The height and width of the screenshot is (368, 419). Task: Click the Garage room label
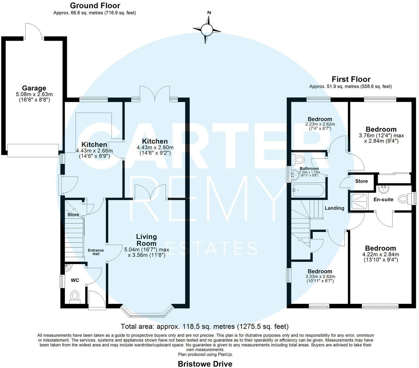(x=34, y=88)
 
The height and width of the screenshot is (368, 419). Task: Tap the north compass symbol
(x=208, y=30)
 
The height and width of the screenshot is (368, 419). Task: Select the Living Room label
(x=147, y=240)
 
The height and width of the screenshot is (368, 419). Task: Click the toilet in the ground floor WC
(x=75, y=296)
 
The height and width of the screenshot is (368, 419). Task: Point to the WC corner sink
(x=68, y=267)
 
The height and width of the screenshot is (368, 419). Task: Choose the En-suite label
(x=383, y=200)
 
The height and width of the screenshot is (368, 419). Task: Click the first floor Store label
(x=361, y=181)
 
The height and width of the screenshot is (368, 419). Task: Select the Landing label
(x=334, y=208)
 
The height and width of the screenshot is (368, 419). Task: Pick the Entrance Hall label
(x=96, y=252)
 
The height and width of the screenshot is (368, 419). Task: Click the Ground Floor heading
(x=95, y=5)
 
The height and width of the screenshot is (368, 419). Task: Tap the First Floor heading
(x=351, y=79)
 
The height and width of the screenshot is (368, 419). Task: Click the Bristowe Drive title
(x=205, y=364)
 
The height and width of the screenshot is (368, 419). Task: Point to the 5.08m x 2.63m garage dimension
(x=34, y=94)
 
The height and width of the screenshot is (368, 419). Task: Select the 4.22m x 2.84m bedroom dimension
(x=380, y=255)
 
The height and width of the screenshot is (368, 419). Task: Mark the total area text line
(x=205, y=327)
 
